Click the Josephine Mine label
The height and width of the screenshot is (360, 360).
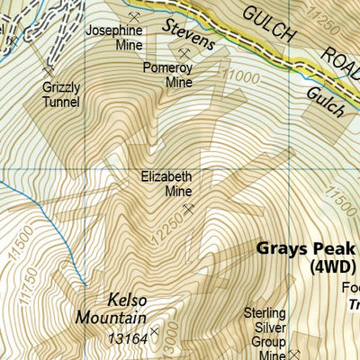click(x=114, y=37)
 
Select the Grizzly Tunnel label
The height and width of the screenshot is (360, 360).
click(x=61, y=95)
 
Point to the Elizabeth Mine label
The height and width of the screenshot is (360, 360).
click(x=166, y=184)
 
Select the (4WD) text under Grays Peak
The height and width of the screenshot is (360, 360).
click(x=333, y=267)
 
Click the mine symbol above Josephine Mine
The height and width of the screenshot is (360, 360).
click(x=135, y=16)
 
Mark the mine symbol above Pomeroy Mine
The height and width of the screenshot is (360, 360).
click(x=184, y=53)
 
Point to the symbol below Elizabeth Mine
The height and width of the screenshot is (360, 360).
click(x=188, y=209)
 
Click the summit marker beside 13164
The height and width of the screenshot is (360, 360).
click(x=154, y=333)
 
